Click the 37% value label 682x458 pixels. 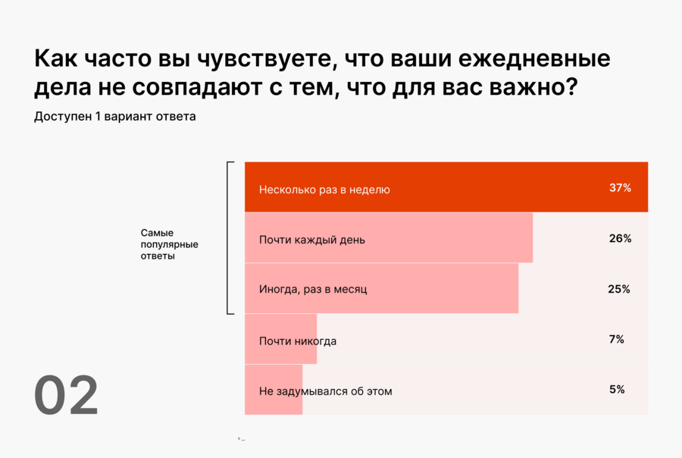pyautogui.click(x=620, y=187)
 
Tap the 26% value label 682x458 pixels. pyautogui.click(x=620, y=238)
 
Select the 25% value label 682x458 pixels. pyautogui.click(x=619, y=289)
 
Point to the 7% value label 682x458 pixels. pyautogui.click(x=616, y=339)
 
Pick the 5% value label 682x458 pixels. pyautogui.click(x=616, y=390)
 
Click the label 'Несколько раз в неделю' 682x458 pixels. pyautogui.click(x=324, y=190)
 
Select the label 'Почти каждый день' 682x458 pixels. pyautogui.click(x=311, y=240)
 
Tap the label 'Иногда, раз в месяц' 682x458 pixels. pyautogui.click(x=313, y=289)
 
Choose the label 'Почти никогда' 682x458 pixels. pyautogui.click(x=297, y=340)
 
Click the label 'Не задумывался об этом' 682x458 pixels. pyautogui.click(x=325, y=391)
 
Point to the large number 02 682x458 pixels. pyautogui.click(x=66, y=396)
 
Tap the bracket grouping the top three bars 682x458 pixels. pyautogui.click(x=229, y=237)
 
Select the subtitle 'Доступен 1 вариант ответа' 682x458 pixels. pyautogui.click(x=114, y=117)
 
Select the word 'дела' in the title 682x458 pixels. pyautogui.click(x=61, y=88)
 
